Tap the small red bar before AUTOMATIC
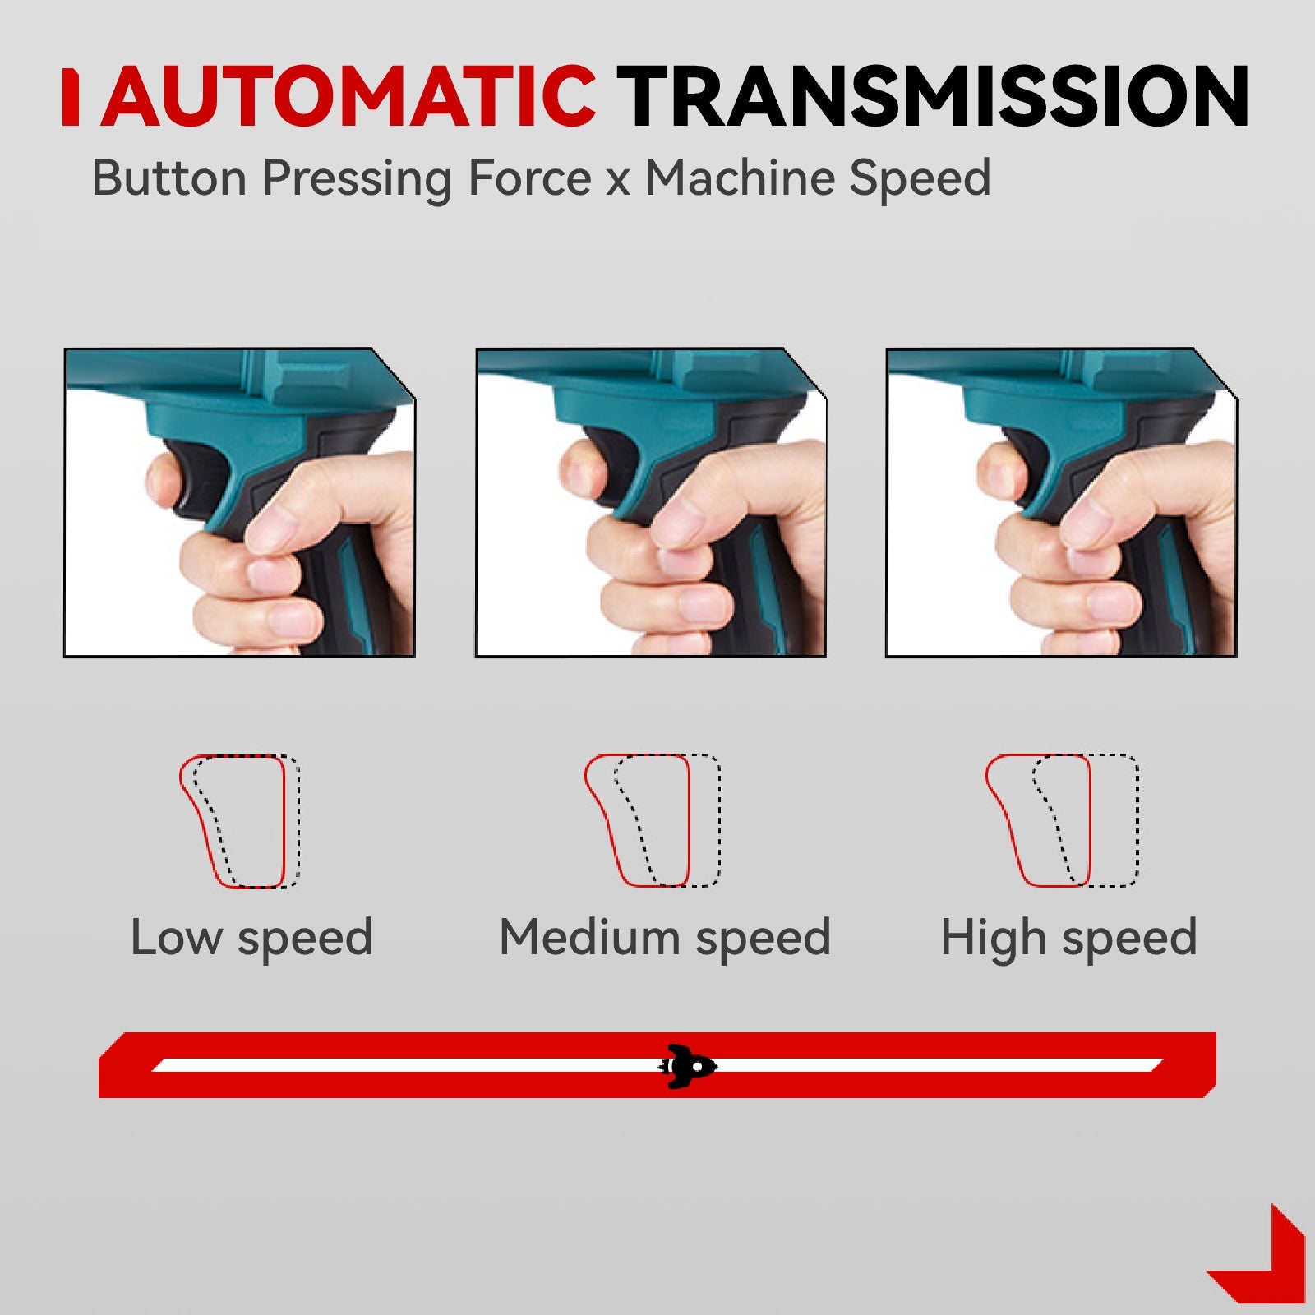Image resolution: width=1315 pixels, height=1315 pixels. [71, 98]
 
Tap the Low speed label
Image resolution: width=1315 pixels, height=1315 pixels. [251, 938]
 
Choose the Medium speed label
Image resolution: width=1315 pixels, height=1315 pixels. [665, 938]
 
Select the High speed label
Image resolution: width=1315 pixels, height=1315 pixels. [1068, 938]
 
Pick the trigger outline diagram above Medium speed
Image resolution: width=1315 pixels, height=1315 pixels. [652, 821]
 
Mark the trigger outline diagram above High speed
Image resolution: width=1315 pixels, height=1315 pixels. [1061, 821]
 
